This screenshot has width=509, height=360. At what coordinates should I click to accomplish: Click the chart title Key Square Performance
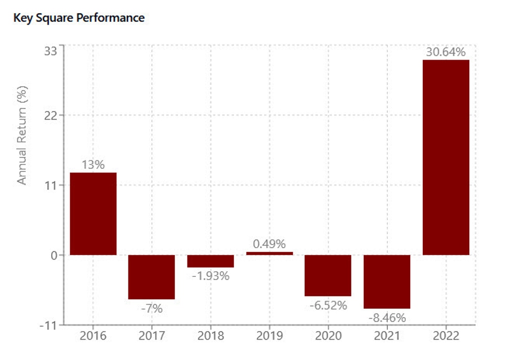point(79,18)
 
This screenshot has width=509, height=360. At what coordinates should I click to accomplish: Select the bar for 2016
point(93,214)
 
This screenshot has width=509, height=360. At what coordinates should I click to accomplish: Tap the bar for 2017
point(151,277)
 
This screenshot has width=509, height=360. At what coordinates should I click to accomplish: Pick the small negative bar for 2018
point(210,261)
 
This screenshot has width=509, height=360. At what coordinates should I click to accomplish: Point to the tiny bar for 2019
point(269,253)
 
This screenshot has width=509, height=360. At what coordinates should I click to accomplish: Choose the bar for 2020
point(328,275)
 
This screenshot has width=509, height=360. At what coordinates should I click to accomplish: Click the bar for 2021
point(387,282)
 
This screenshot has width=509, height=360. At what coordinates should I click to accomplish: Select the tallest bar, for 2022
point(446,157)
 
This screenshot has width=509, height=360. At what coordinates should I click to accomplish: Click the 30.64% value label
point(446,52)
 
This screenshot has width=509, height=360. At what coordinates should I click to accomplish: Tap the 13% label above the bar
point(93,165)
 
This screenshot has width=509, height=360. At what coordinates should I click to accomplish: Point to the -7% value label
point(151,309)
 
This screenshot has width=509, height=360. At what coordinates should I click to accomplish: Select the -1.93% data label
point(210,276)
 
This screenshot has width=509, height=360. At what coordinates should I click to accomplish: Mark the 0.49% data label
point(269,244)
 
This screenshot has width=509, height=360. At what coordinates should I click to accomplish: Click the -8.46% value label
point(387,318)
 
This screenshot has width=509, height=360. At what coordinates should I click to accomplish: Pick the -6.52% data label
point(328,305)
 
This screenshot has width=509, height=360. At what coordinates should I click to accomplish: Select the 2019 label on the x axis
point(269,336)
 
